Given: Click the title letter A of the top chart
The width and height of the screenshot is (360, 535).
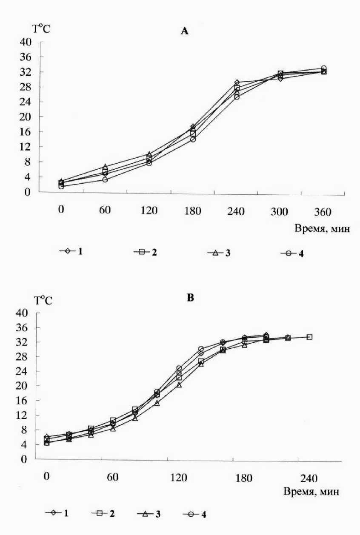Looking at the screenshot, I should [184, 31].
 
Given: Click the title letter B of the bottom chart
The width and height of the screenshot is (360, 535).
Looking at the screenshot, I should [190, 298].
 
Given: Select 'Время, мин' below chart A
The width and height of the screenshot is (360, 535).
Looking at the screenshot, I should [323, 229].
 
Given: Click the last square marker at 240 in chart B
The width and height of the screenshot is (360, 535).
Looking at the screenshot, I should [309, 337].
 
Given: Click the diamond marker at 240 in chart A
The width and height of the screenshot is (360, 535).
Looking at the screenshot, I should [237, 83].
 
